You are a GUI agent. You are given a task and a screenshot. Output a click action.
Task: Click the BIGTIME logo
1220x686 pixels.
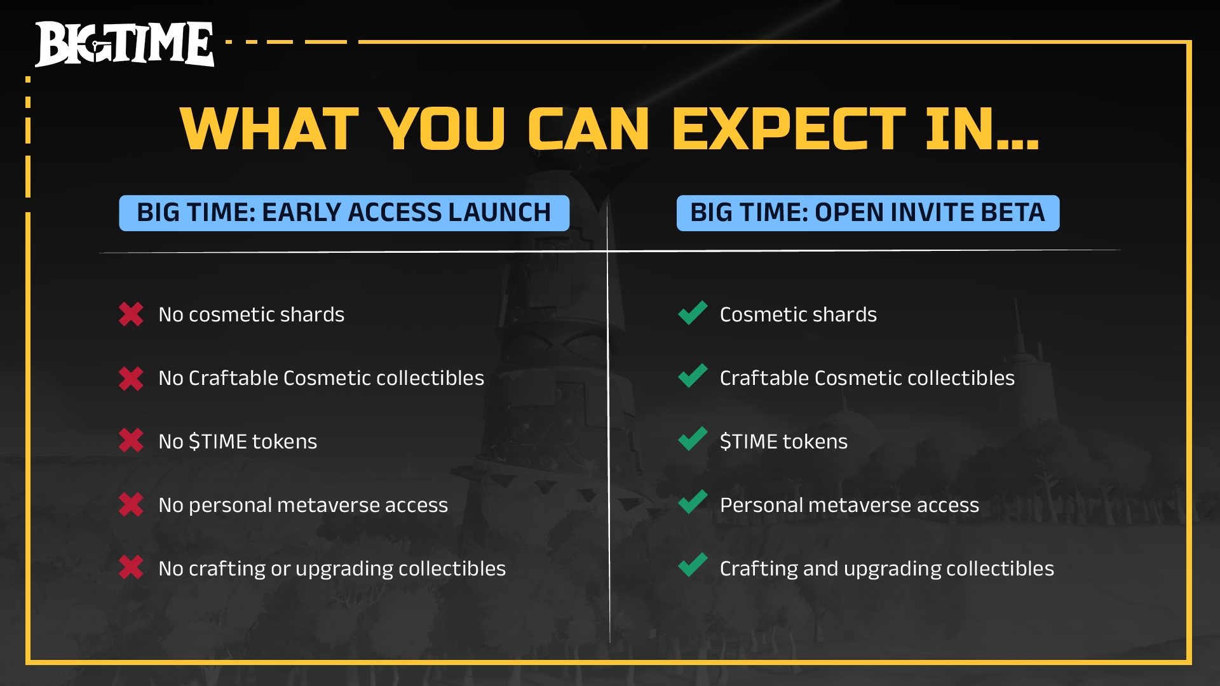(x=125, y=44)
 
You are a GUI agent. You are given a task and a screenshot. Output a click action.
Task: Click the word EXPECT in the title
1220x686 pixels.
(x=789, y=129)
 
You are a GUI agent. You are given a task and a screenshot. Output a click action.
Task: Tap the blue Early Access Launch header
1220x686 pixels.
(x=344, y=213)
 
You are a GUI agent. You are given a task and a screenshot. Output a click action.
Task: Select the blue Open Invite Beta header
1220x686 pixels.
(x=868, y=213)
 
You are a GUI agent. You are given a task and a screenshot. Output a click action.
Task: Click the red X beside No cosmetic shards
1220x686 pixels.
(x=132, y=314)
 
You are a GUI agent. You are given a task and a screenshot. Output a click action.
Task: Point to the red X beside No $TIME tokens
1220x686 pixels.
(x=132, y=440)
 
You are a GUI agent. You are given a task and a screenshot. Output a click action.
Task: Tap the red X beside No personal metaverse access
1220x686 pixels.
(x=132, y=504)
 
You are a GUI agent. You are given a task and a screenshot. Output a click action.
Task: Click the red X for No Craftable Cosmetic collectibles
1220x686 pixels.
(x=132, y=378)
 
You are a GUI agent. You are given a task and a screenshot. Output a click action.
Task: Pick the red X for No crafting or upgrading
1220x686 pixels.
(x=132, y=567)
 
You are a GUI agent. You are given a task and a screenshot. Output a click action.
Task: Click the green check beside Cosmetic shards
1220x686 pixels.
(x=693, y=313)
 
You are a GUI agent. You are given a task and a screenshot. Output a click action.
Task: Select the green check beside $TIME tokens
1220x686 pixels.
(x=693, y=439)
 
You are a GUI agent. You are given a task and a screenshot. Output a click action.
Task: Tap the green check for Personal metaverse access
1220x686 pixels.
(x=693, y=502)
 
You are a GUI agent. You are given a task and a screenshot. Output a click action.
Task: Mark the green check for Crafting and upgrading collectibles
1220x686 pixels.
(x=693, y=565)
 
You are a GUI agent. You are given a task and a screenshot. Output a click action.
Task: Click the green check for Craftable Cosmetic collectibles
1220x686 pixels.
(x=693, y=375)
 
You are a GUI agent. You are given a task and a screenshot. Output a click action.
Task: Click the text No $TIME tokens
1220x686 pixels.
(x=238, y=441)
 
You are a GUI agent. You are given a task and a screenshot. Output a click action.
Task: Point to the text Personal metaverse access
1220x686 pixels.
(x=850, y=505)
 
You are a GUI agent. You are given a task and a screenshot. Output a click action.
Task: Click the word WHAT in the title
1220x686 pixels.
(x=269, y=129)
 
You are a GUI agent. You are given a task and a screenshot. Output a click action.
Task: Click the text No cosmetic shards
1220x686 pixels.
(x=252, y=314)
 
